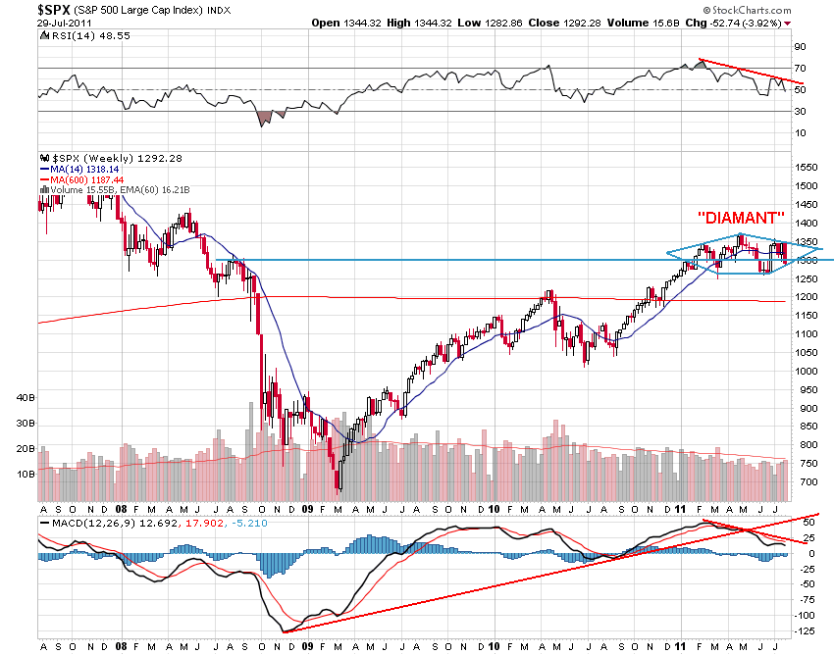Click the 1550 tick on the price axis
808,168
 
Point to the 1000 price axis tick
808,371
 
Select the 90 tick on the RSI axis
801,46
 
